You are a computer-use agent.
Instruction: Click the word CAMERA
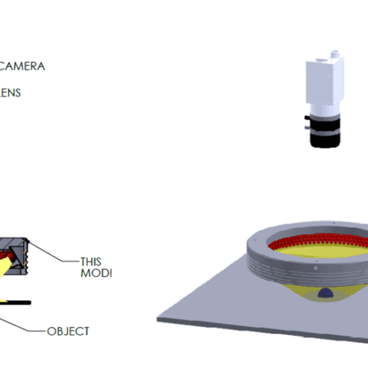coord(22,66)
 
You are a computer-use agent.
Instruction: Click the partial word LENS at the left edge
coord(10,93)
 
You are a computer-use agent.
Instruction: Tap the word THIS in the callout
coord(91,260)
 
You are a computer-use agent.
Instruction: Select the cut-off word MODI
coord(96,272)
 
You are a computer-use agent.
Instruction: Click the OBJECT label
coord(68,331)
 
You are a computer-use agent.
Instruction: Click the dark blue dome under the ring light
coord(324,293)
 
